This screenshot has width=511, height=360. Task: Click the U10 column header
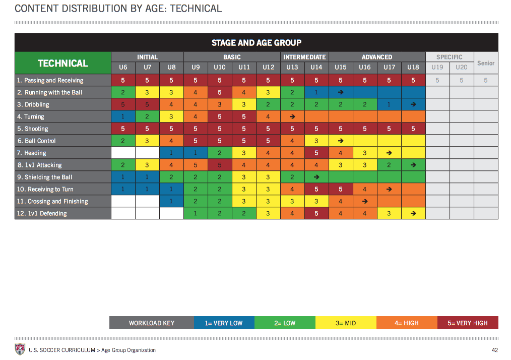tap(220, 67)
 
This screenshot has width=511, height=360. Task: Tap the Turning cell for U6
tap(123, 116)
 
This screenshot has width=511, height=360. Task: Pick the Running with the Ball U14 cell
tap(316, 92)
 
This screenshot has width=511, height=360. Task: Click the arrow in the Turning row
tap(292, 116)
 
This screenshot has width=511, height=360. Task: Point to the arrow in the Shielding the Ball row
tap(316, 177)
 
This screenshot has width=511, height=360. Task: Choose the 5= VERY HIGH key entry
tap(468, 323)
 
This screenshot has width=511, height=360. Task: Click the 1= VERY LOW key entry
tap(224, 323)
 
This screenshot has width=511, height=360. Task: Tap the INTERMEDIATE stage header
tap(304, 57)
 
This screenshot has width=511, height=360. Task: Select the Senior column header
tap(486, 63)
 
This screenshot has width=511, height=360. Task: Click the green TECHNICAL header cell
tap(63, 63)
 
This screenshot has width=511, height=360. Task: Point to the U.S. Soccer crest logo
tap(20, 349)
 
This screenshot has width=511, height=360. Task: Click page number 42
tap(495, 350)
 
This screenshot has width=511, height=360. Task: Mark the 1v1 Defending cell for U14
tap(316, 213)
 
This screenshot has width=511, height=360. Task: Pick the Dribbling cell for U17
tap(389, 104)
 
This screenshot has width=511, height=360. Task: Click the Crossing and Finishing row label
tap(52, 201)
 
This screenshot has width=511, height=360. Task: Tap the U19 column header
tap(437, 67)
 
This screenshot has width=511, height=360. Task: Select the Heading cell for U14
tap(316, 153)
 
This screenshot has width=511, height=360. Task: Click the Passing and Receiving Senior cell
tap(486, 80)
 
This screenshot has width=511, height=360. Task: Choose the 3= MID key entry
tap(346, 323)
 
